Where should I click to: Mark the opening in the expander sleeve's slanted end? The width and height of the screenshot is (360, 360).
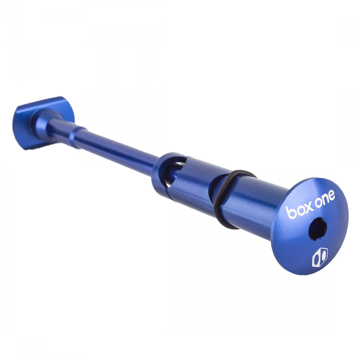tap(177, 168)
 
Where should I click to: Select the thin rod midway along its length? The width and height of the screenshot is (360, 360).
tap(120, 153)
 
